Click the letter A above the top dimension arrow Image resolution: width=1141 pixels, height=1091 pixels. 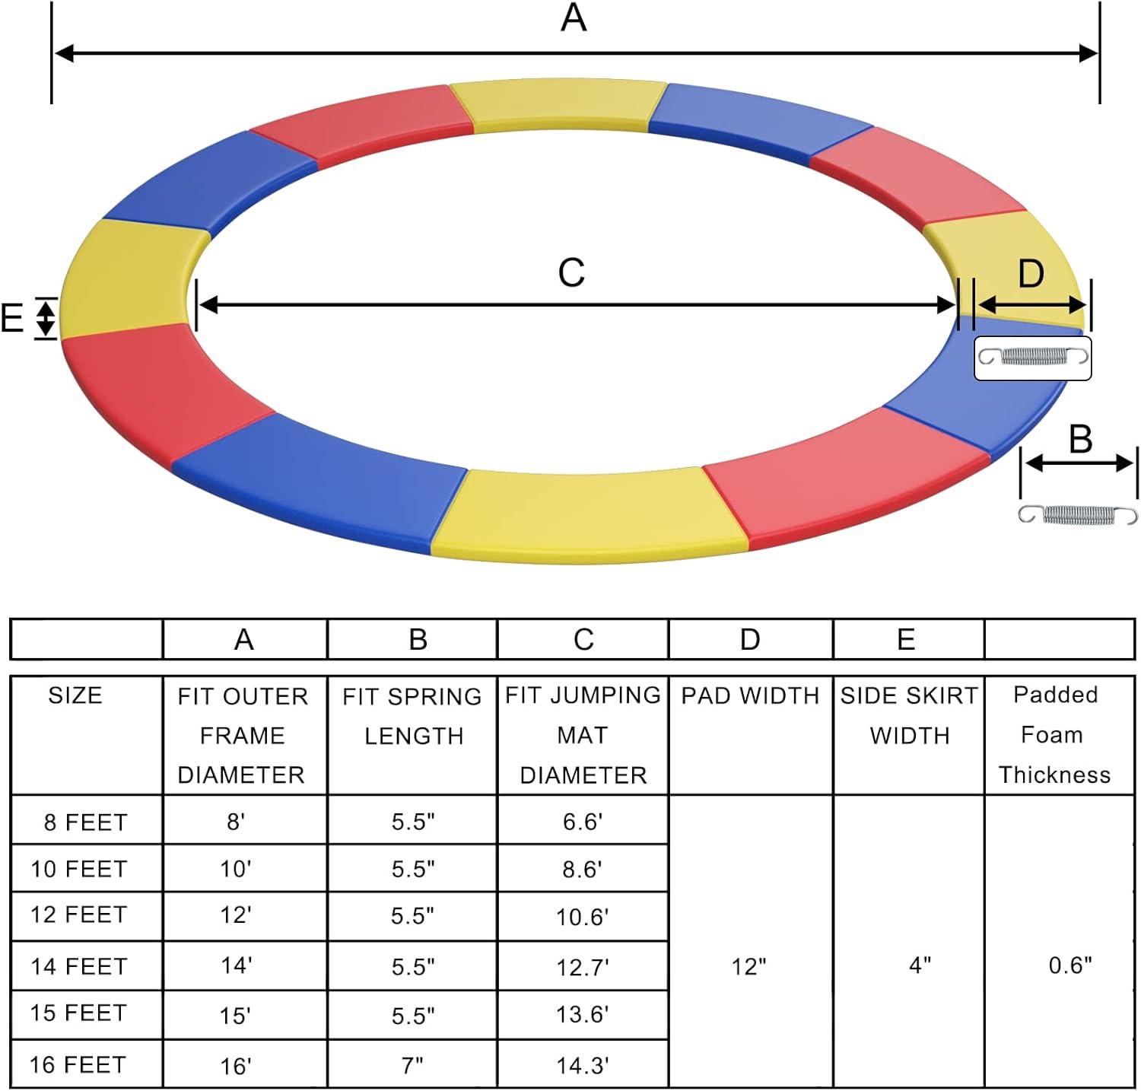574,18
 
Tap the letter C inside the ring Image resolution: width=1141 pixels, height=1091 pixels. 571,273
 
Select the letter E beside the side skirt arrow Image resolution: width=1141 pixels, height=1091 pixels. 12,318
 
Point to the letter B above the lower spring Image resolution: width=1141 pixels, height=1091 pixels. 1080,440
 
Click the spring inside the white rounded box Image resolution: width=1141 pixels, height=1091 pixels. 1033,356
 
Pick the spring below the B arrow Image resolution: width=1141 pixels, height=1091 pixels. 1078,515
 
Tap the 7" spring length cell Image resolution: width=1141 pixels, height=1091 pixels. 412,1065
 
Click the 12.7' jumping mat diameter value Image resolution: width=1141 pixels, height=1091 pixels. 583,967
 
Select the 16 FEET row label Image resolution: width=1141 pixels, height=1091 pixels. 78,1064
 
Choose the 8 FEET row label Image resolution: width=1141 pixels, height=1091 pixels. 85,822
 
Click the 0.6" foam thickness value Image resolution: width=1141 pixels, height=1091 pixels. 1070,965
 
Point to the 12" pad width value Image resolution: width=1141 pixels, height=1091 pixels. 748,967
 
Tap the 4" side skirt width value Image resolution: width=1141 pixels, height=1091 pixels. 920,965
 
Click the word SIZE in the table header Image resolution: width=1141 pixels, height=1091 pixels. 75,695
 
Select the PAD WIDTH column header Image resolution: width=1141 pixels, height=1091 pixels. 750,695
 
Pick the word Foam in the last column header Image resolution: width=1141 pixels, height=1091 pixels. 1052,735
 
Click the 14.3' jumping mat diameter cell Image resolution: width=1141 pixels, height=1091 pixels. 583,1065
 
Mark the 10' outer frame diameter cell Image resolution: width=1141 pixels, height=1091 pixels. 236,869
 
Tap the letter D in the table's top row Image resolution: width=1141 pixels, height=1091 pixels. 750,640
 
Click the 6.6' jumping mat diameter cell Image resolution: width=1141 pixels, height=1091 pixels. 583,822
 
